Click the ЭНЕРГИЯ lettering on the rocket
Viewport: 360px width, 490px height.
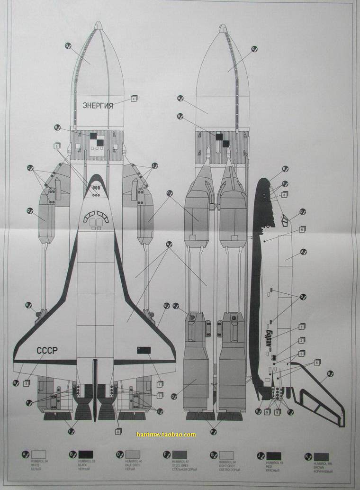click(98, 105)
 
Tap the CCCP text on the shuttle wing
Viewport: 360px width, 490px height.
click(47, 351)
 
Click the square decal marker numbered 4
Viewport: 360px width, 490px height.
click(134, 99)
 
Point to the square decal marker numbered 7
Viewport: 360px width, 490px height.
click(302, 327)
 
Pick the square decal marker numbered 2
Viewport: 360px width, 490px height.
click(301, 340)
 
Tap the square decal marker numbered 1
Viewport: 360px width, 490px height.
click(160, 384)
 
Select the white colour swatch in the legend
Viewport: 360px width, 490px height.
click(38, 455)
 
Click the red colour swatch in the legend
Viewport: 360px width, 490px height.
click(274, 456)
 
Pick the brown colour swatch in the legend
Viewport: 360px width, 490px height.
click(321, 457)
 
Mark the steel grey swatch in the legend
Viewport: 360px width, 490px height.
click(180, 455)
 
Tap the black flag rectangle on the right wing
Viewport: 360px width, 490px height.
click(144, 350)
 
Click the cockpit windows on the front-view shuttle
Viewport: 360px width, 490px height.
click(96, 218)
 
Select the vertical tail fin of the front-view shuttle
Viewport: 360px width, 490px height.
click(95, 389)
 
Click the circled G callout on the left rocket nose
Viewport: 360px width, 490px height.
click(67, 45)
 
